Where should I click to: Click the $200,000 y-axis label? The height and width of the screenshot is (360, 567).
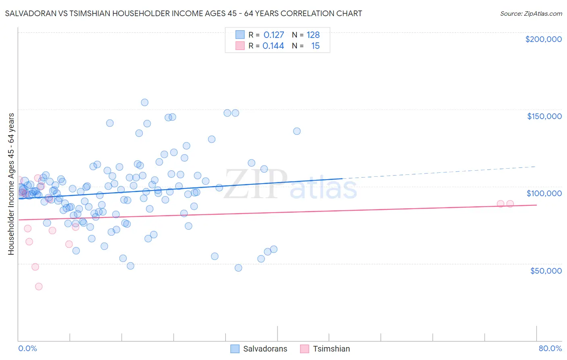point(543,39)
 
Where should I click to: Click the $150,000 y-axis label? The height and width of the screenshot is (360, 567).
point(544,116)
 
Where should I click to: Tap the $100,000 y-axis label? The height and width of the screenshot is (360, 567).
point(544,193)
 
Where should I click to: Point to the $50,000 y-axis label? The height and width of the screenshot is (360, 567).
point(546,271)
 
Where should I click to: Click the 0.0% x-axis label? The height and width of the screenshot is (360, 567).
point(27,348)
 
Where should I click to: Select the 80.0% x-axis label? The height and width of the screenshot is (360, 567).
point(550,348)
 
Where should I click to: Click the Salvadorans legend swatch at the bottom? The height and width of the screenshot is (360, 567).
point(235,349)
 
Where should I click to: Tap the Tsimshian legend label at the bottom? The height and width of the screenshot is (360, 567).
point(331,349)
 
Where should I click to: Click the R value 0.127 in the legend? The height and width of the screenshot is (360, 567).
point(274,35)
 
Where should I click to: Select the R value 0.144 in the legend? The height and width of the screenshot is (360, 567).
point(273,46)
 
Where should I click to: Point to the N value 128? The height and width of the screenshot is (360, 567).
point(313,35)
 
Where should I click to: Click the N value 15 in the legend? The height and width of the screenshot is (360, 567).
point(315,46)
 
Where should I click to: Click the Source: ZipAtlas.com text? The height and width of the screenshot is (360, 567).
point(531,14)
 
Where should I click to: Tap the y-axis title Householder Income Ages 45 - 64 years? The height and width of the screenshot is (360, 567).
point(11,184)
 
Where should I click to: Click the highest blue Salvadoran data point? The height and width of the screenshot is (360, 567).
point(144,103)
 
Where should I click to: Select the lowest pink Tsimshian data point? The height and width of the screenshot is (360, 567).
point(39,287)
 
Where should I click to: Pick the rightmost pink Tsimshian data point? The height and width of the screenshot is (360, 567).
point(510,204)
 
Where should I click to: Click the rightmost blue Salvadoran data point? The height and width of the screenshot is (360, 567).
point(297,131)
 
